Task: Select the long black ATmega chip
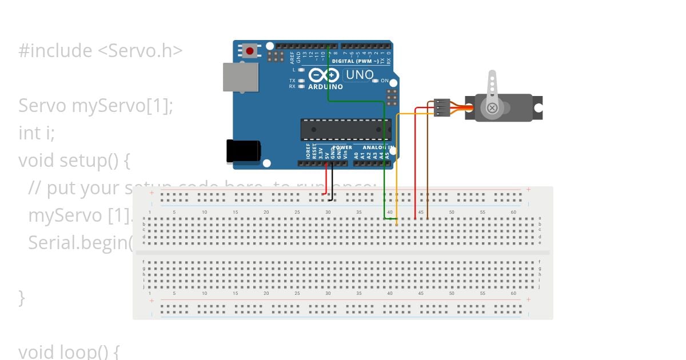click(x=346, y=130)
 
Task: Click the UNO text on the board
click(x=360, y=75)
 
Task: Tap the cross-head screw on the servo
click(x=492, y=108)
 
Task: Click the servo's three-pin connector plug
click(x=442, y=107)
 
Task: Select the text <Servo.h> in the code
click(x=140, y=51)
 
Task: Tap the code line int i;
click(x=37, y=133)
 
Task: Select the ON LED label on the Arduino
click(x=385, y=81)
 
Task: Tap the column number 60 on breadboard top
click(x=513, y=213)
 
